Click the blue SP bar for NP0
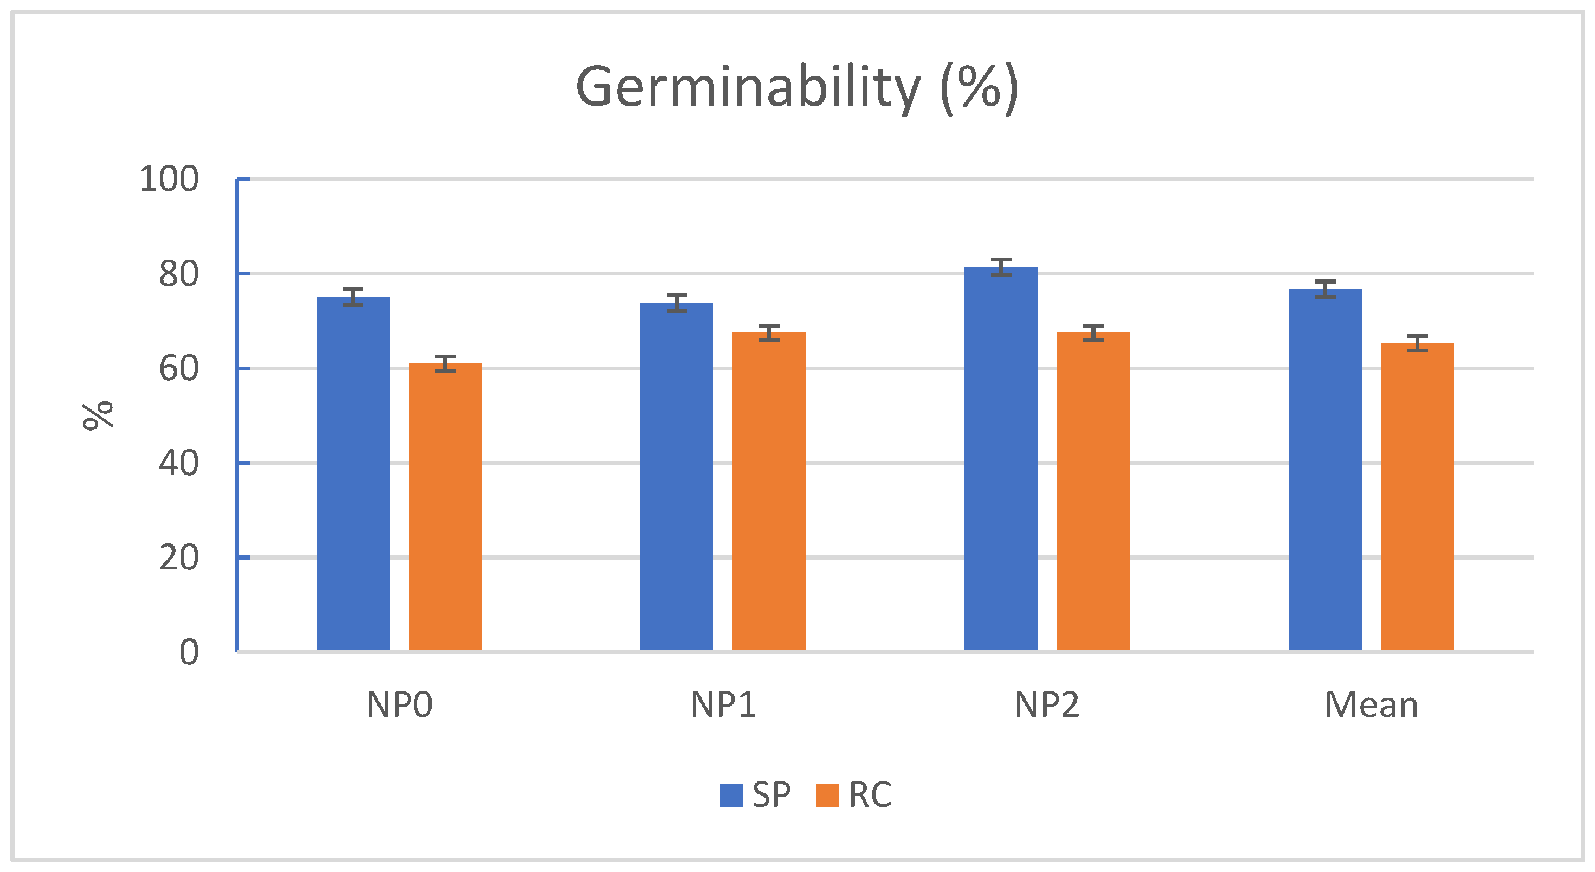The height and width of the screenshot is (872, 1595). [x=353, y=474]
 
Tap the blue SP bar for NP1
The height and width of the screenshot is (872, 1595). [x=676, y=477]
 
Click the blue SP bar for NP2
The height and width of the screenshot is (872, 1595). [x=1001, y=459]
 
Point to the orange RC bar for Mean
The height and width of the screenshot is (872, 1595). [x=1417, y=496]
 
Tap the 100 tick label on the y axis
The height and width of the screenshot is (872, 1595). [x=169, y=179]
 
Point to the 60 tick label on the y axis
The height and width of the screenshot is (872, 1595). [x=178, y=369]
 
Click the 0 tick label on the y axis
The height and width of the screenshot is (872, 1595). [x=189, y=653]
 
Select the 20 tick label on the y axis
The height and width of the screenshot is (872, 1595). [x=178, y=558]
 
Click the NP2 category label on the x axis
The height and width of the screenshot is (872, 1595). [x=1046, y=706]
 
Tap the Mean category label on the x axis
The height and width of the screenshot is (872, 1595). [x=1371, y=706]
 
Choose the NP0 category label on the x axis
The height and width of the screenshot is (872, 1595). [x=399, y=706]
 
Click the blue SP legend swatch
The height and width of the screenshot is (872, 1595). [x=731, y=795]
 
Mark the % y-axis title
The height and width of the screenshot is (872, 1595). [x=98, y=415]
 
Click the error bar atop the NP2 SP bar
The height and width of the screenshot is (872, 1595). [x=1001, y=267]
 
